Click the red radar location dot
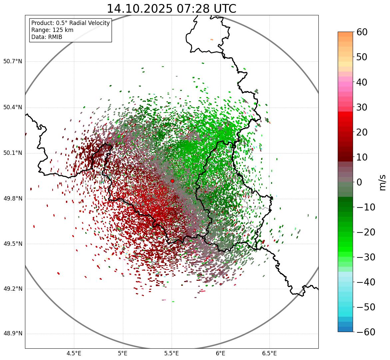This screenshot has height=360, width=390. [x=172, y=181]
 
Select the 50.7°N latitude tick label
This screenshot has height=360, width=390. [x=13, y=62]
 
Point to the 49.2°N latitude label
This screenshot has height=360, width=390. [x=13, y=289]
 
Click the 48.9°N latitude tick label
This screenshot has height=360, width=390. [x=13, y=334]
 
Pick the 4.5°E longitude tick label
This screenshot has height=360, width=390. [x=74, y=353]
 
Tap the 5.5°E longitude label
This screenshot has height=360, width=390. [x=172, y=353]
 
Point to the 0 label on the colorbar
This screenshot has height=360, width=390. [x=360, y=182]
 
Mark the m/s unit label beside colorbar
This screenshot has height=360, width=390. [x=383, y=182]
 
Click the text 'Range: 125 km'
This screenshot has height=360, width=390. [x=52, y=30]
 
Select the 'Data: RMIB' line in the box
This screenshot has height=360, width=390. [x=47, y=37]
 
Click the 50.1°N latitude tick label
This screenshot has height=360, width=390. [x=13, y=153]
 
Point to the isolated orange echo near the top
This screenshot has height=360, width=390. [x=211, y=40]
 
